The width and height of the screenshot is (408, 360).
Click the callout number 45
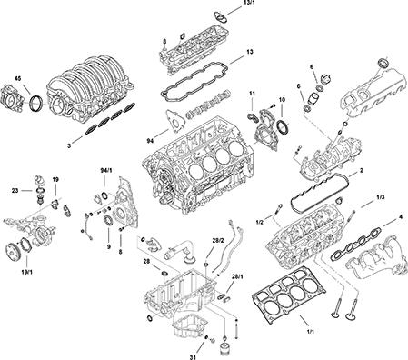pyautogui.click(x=18, y=79)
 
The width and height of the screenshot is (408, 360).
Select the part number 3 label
pyautogui.click(x=69, y=146)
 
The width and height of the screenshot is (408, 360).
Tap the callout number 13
pyautogui.click(x=250, y=52)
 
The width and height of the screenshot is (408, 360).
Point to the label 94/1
pyautogui.click(x=106, y=171)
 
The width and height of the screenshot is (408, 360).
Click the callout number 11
pyautogui.click(x=252, y=94)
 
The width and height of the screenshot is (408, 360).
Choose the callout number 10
pyautogui.click(x=282, y=99)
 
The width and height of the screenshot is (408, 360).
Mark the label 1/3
pyautogui.click(x=381, y=197)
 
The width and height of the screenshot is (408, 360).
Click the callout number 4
pyautogui.click(x=401, y=217)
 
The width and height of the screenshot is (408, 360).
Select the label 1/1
pyautogui.click(x=311, y=332)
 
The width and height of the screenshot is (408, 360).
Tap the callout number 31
pyautogui.click(x=193, y=357)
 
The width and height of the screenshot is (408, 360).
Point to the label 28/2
pyautogui.click(x=217, y=241)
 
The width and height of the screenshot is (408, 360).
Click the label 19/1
pyautogui.click(x=27, y=272)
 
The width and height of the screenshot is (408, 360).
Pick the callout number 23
pyautogui.click(x=15, y=191)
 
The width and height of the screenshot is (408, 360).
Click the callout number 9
pyautogui.click(x=108, y=247)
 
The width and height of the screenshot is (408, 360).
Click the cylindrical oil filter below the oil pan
pyautogui.click(x=225, y=348)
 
